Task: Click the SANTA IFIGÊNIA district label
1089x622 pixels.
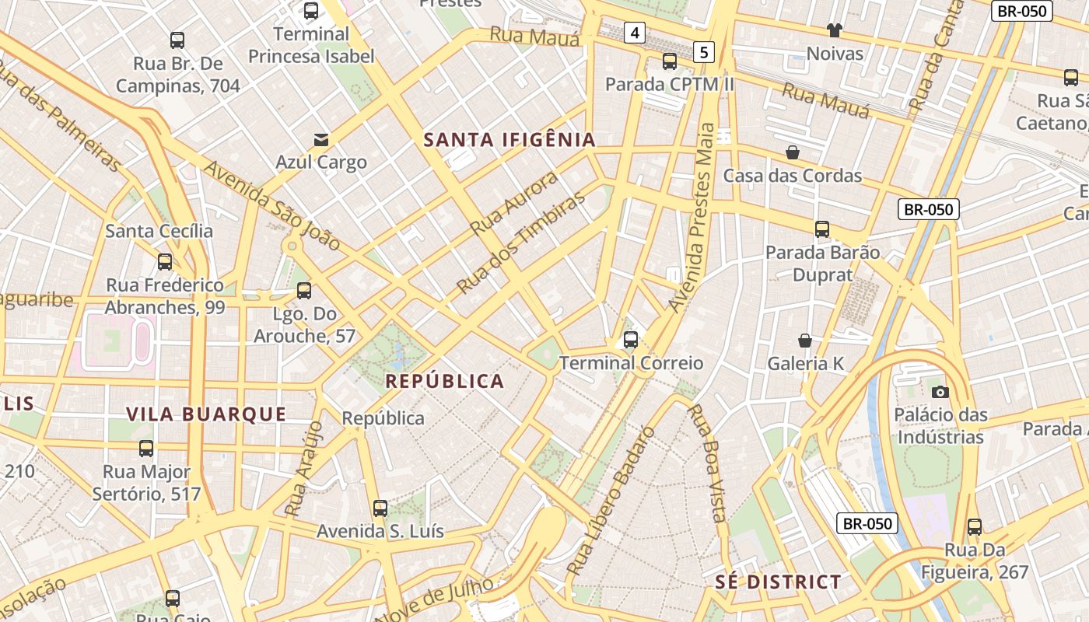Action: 509,140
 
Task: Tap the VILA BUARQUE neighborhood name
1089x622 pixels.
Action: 206,414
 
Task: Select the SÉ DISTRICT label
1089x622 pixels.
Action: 778,582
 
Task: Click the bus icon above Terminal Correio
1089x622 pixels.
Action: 631,340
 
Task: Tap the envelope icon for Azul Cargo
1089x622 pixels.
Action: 320,140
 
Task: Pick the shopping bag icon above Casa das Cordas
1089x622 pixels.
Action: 793,152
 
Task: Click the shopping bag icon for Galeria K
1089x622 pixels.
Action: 805,341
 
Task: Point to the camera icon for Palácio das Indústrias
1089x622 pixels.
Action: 940,392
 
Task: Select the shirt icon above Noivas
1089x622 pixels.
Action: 835,30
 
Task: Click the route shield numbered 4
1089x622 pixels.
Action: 636,33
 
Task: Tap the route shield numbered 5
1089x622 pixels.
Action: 704,52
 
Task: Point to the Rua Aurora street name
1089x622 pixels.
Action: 514,204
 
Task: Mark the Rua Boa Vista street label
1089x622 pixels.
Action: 707,463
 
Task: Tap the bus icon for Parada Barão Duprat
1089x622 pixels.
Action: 822,229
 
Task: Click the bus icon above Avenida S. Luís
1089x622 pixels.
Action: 380,508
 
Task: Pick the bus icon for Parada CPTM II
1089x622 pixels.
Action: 670,61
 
